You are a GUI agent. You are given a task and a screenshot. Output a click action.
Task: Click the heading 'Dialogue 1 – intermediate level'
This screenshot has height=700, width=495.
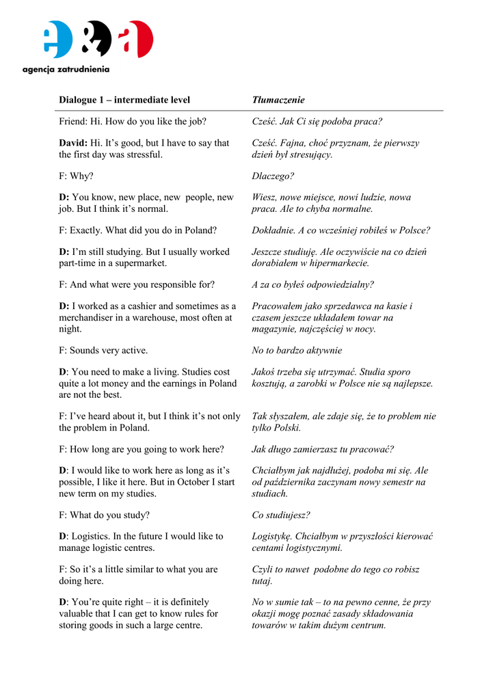(124, 100)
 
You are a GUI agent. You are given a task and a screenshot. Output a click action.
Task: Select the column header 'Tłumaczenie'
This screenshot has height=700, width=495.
(278, 100)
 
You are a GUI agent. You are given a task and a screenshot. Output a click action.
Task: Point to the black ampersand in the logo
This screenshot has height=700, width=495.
(98, 39)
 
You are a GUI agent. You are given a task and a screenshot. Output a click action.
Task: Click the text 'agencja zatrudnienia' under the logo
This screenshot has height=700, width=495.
(66, 69)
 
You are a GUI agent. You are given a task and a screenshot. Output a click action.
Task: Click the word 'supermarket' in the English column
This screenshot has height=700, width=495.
(140, 263)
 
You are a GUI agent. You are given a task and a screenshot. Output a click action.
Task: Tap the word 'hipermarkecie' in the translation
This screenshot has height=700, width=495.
(340, 263)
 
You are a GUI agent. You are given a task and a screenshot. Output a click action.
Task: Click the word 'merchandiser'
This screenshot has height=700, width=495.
(88, 318)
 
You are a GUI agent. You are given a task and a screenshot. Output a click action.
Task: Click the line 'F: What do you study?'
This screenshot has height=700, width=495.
(104, 515)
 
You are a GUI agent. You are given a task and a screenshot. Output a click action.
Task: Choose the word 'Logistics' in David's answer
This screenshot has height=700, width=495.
(91, 537)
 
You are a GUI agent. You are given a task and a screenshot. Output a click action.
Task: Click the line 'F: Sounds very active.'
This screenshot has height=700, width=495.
(103, 351)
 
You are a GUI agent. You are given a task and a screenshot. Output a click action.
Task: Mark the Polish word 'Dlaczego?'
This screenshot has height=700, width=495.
(273, 176)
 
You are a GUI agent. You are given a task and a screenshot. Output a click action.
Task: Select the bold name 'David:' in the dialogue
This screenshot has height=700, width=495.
(73, 143)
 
